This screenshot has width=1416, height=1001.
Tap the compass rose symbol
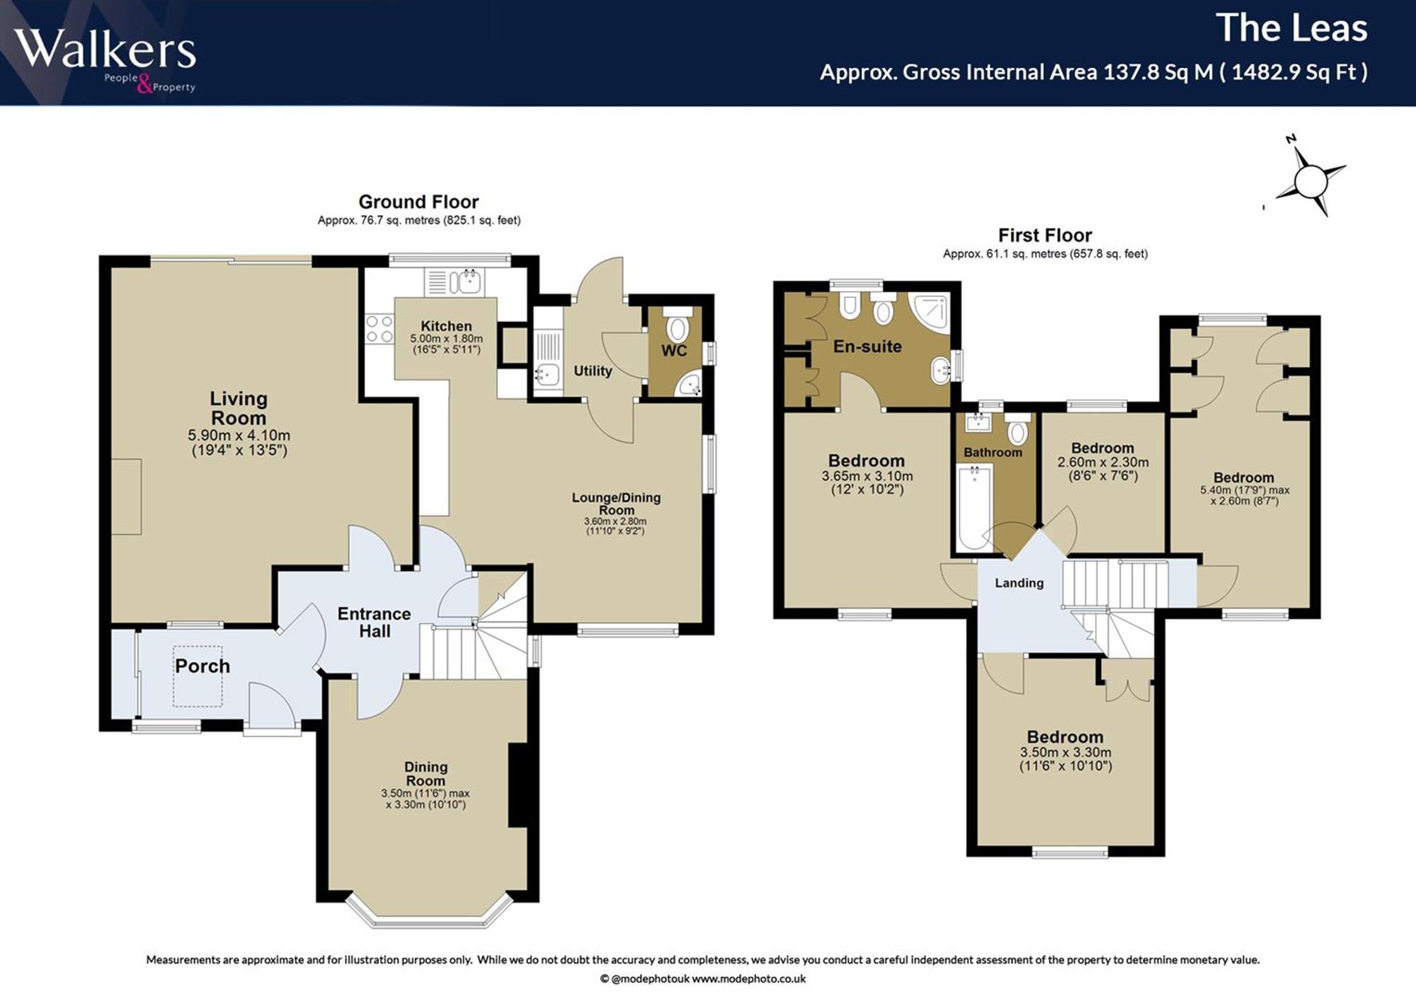tap(1311, 181)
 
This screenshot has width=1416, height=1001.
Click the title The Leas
tap(1291, 28)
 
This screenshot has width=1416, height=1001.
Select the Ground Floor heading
tap(418, 202)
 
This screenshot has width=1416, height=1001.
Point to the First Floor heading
tap(1045, 236)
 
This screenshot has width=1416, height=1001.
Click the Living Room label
tap(239, 408)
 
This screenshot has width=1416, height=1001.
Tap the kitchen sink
tap(455, 282)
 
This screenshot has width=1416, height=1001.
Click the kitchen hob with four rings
tap(379, 330)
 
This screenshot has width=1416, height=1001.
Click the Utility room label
tap(593, 371)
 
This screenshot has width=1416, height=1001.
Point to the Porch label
tap(202, 666)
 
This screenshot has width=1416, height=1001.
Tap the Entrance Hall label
tap(374, 623)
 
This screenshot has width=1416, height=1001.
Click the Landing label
tap(1019, 583)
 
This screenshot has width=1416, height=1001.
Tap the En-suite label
tap(867, 347)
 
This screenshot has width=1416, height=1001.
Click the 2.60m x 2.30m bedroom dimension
tap(1103, 463)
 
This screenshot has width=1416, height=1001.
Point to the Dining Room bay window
tap(429, 912)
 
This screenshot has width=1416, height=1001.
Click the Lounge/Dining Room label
tap(617, 504)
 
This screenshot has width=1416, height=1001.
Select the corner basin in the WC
tap(687, 384)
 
